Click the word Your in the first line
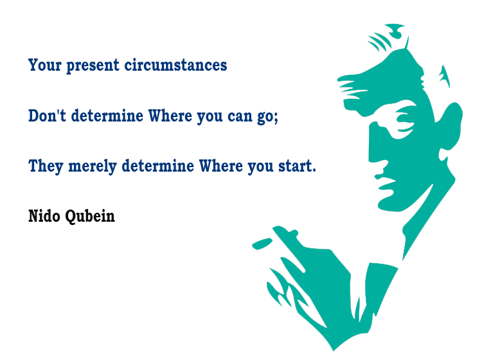point(45,65)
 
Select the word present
point(93,66)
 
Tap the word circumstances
point(175,65)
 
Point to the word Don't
point(47,116)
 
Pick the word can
point(240,117)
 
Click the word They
point(46,166)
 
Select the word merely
point(93,167)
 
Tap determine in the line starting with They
point(158,166)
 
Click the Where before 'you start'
point(221,166)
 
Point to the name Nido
point(44,216)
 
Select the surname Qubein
point(90,216)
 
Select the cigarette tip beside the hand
point(262,244)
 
